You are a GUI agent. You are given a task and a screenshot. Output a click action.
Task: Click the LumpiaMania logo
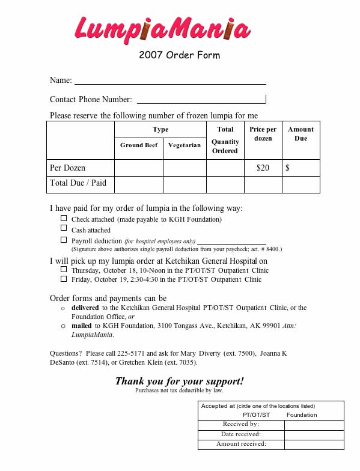click(x=162, y=28)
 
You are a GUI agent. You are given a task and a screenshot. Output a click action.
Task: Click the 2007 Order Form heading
click(x=179, y=55)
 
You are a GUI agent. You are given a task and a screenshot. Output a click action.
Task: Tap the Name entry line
click(x=169, y=80)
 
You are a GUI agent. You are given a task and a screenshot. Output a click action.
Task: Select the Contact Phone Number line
click(x=201, y=99)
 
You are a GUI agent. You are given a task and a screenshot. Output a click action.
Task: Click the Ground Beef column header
click(x=139, y=145)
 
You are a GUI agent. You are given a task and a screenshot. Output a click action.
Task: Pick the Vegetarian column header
click(x=185, y=145)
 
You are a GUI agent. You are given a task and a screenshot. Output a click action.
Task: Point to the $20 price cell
click(x=263, y=168)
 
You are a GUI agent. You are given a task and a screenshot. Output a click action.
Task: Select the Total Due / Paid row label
click(x=78, y=183)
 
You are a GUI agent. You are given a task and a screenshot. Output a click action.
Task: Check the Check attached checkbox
click(x=64, y=219)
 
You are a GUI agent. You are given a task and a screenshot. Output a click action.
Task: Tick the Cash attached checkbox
click(x=64, y=229)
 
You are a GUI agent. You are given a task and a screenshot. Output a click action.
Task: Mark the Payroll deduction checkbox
click(x=64, y=240)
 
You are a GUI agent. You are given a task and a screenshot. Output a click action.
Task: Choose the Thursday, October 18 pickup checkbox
click(x=64, y=270)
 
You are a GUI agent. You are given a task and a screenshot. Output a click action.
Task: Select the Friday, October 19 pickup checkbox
click(x=64, y=279)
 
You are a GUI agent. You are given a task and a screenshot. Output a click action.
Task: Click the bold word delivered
click(x=86, y=308)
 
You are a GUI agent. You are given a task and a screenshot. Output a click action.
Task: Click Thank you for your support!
click(x=179, y=381)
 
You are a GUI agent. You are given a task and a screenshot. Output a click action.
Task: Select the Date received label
click(x=240, y=434)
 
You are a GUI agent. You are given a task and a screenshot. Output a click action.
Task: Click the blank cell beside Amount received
click(x=314, y=445)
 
